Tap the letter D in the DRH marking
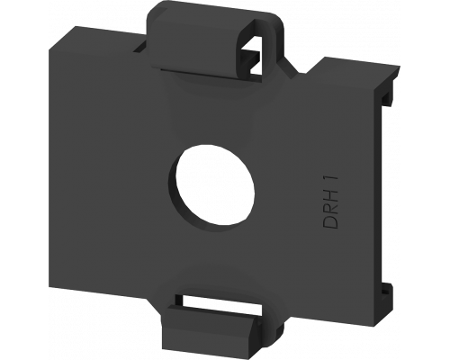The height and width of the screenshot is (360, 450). tap(330, 221)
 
